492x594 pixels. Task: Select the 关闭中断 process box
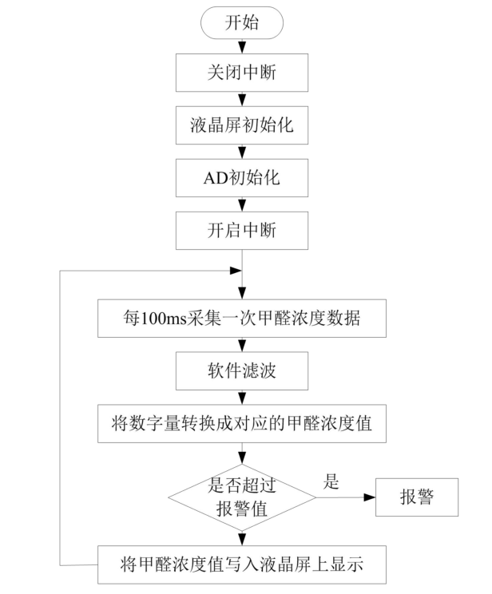point(240,74)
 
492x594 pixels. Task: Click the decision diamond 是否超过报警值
point(240,497)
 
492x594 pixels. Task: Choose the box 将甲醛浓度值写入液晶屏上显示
point(240,566)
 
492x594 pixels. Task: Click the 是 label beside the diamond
point(331,481)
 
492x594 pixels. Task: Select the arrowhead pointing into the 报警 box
point(369,497)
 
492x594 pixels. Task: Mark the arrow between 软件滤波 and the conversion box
point(240,398)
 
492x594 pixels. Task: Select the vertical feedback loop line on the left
point(61,415)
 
